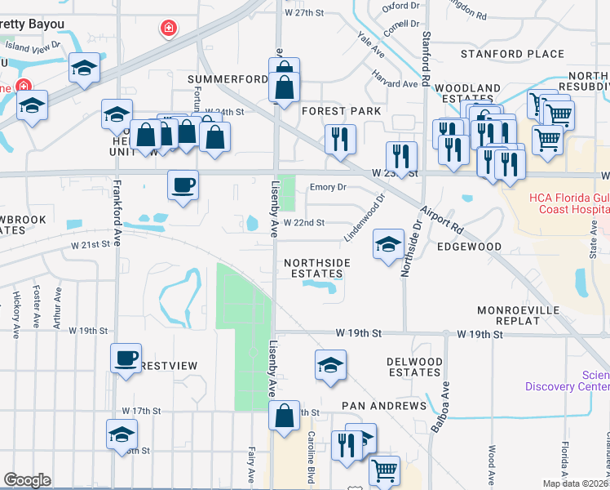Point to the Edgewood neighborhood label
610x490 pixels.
[469, 246]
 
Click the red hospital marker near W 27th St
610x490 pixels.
[169, 29]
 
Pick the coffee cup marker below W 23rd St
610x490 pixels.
[183, 185]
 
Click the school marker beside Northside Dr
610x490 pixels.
[388, 243]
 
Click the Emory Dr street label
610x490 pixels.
[328, 187]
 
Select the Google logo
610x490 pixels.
[27, 480]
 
